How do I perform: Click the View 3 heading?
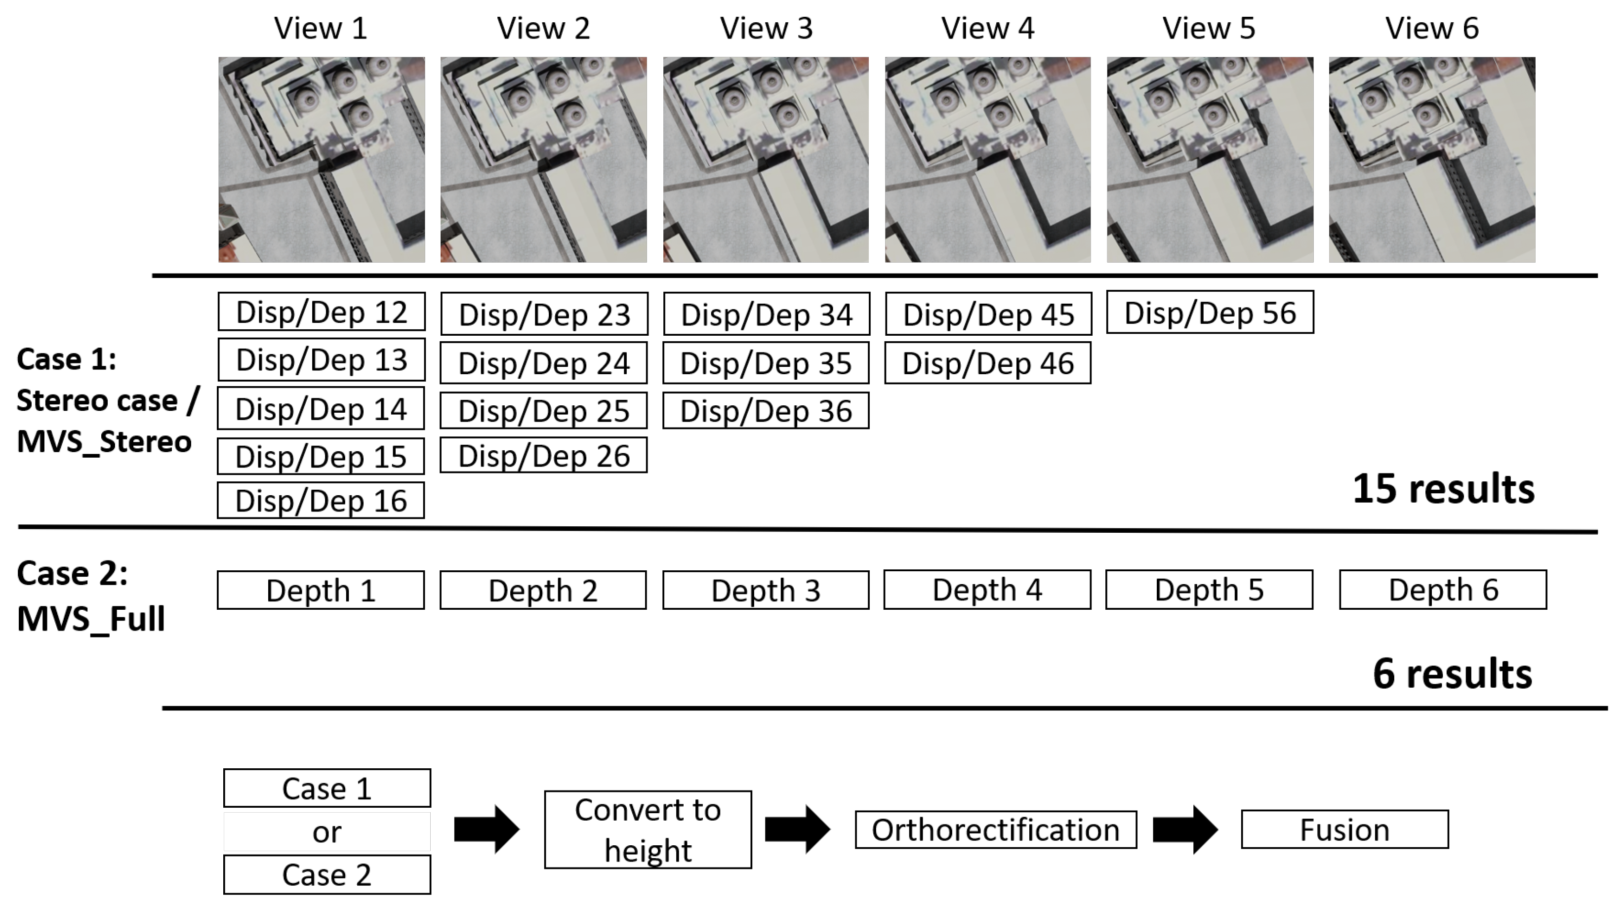coord(766,28)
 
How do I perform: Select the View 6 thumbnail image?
coord(1432,159)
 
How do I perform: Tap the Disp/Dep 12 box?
coord(322,312)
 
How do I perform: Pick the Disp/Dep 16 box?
coord(321,501)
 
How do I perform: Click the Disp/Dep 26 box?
coord(543,455)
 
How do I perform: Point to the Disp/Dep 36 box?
coord(766,410)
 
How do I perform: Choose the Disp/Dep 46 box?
coord(988,362)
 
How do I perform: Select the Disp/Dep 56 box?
coord(1210,312)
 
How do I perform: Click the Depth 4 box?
coord(987,590)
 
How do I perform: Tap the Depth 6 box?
coord(1443,590)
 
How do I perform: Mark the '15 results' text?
coord(1443,489)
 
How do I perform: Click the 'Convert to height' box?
coord(648,829)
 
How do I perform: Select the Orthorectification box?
coord(995,829)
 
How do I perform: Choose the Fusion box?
coord(1345,829)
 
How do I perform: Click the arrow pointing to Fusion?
coord(1185,829)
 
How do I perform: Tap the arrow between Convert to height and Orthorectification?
coord(798,829)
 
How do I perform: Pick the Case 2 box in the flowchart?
coord(327,874)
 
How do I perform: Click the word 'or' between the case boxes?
coord(326,832)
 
